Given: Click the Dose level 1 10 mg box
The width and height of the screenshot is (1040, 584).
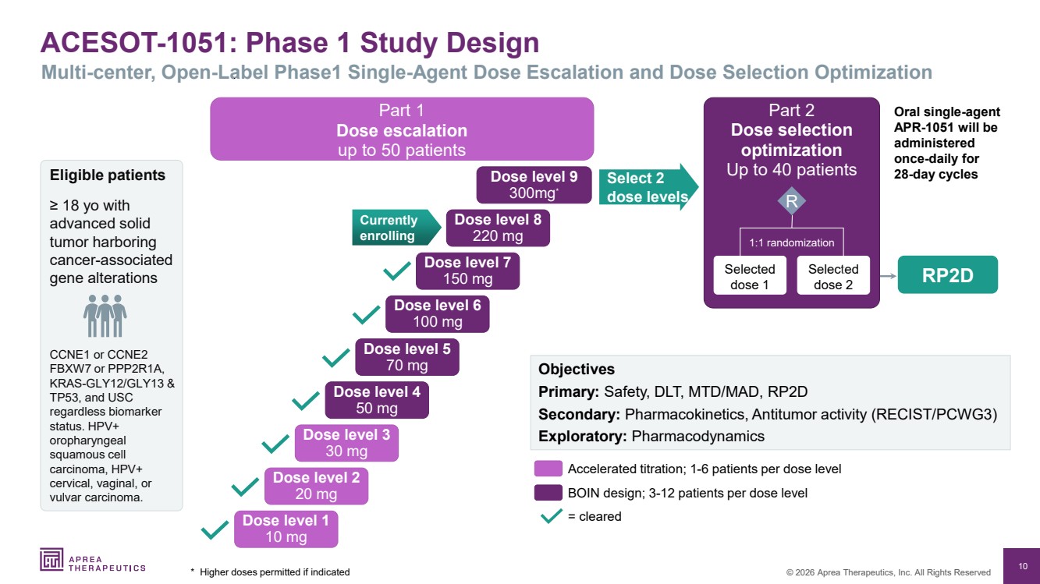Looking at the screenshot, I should pyautogui.click(x=286, y=529).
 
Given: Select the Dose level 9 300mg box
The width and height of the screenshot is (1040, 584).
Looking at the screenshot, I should pyautogui.click(x=534, y=186).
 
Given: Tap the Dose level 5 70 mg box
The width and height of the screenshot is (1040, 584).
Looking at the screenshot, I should pyautogui.click(x=406, y=356).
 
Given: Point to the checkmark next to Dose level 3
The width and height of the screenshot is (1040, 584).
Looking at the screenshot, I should pyautogui.click(x=276, y=444).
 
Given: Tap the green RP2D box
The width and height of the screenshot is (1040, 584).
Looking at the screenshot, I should pyautogui.click(x=947, y=275).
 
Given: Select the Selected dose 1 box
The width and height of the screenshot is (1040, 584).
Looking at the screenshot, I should pyautogui.click(x=749, y=277).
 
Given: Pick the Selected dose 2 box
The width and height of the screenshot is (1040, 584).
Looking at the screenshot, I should pyautogui.click(x=833, y=277).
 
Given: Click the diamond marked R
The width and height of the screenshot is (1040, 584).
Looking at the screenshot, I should pyautogui.click(x=791, y=202).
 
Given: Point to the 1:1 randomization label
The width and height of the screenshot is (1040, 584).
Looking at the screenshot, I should pyautogui.click(x=791, y=242).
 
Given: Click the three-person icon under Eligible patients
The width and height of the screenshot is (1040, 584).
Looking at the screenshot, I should pyautogui.click(x=105, y=315).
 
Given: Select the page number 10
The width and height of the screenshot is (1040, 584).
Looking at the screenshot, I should pyautogui.click(x=1021, y=565).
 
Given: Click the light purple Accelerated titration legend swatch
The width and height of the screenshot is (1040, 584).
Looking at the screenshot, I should pyautogui.click(x=548, y=469).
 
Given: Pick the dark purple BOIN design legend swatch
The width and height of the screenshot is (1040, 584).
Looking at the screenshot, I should pyautogui.click(x=548, y=493).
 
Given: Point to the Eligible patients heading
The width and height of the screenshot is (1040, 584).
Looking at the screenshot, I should pyautogui.click(x=108, y=175).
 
